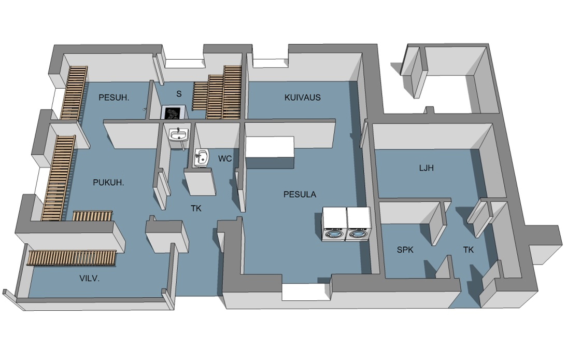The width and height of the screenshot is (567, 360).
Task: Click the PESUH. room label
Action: click(x=114, y=98)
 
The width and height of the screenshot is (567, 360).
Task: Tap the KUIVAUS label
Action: click(x=303, y=98)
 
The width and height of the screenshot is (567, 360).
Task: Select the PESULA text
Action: click(x=300, y=195)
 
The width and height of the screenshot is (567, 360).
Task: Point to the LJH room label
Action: click(x=427, y=168)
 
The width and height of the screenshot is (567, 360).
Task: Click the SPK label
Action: click(x=405, y=250)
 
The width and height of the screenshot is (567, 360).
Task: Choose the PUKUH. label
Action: click(x=108, y=183)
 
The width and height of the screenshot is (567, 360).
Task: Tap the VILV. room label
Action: click(x=89, y=278)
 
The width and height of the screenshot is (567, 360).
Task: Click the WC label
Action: click(x=225, y=158)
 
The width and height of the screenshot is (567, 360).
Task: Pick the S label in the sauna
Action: click(x=179, y=94)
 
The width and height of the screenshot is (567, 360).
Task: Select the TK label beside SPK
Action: click(x=469, y=250)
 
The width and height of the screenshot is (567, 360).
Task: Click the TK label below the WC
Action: click(x=196, y=208)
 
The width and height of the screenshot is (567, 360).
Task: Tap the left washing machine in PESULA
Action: click(x=334, y=224)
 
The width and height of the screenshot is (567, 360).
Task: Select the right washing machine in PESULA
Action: click(x=358, y=224)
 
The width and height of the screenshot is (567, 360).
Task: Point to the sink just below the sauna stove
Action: click(x=179, y=136)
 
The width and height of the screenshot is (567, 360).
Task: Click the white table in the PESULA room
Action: click(x=270, y=152)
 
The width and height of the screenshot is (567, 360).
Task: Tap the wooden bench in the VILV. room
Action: click(x=73, y=258)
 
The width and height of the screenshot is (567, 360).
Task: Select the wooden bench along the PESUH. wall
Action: click(x=74, y=93)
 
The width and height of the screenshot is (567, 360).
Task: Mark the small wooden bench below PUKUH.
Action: click(x=93, y=216)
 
